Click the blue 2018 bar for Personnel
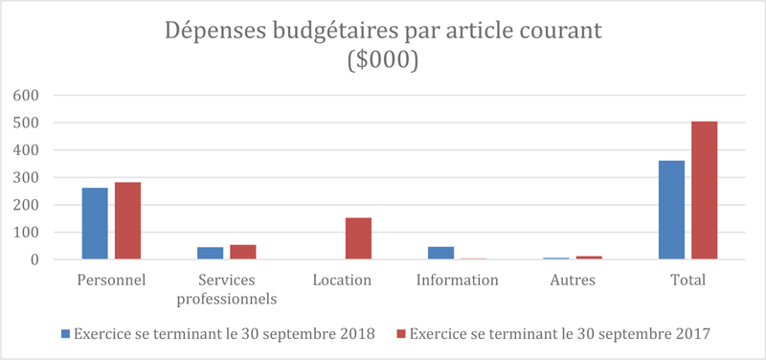pyautogui.click(x=95, y=223)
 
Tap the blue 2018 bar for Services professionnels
pyautogui.click(x=210, y=253)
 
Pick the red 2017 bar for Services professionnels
pyautogui.click(x=243, y=252)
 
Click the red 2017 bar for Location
pyautogui.click(x=358, y=238)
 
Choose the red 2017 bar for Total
pyautogui.click(x=705, y=191)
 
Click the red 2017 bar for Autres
pyautogui.click(x=589, y=258)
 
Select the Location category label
pyautogui.click(x=342, y=281)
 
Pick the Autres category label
pyautogui.click(x=573, y=281)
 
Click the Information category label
pyautogui.click(x=458, y=281)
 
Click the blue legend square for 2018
pyautogui.click(x=66, y=333)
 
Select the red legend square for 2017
pyautogui.click(x=402, y=333)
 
